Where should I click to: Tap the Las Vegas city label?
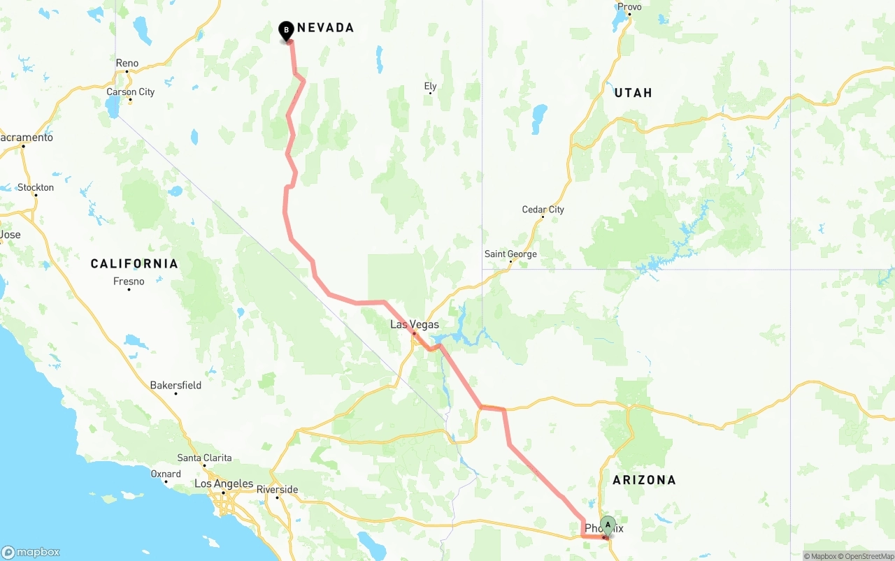(x=415, y=325)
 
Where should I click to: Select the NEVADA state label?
(x=325, y=28)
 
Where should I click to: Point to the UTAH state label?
(x=633, y=93)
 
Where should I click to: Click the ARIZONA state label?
(x=644, y=480)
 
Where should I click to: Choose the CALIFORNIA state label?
(x=134, y=264)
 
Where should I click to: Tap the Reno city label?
(x=127, y=64)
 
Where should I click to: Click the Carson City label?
(x=131, y=92)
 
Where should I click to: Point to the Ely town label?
(x=430, y=87)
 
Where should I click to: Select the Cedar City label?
(x=543, y=210)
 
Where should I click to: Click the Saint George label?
(x=510, y=254)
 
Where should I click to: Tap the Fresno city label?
(x=129, y=282)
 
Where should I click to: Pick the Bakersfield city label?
(x=176, y=386)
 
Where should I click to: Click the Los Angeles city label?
(x=223, y=484)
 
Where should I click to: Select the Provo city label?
(x=629, y=7)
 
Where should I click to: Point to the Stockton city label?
(x=36, y=187)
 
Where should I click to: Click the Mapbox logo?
(x=30, y=552)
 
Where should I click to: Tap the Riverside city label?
(x=278, y=490)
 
